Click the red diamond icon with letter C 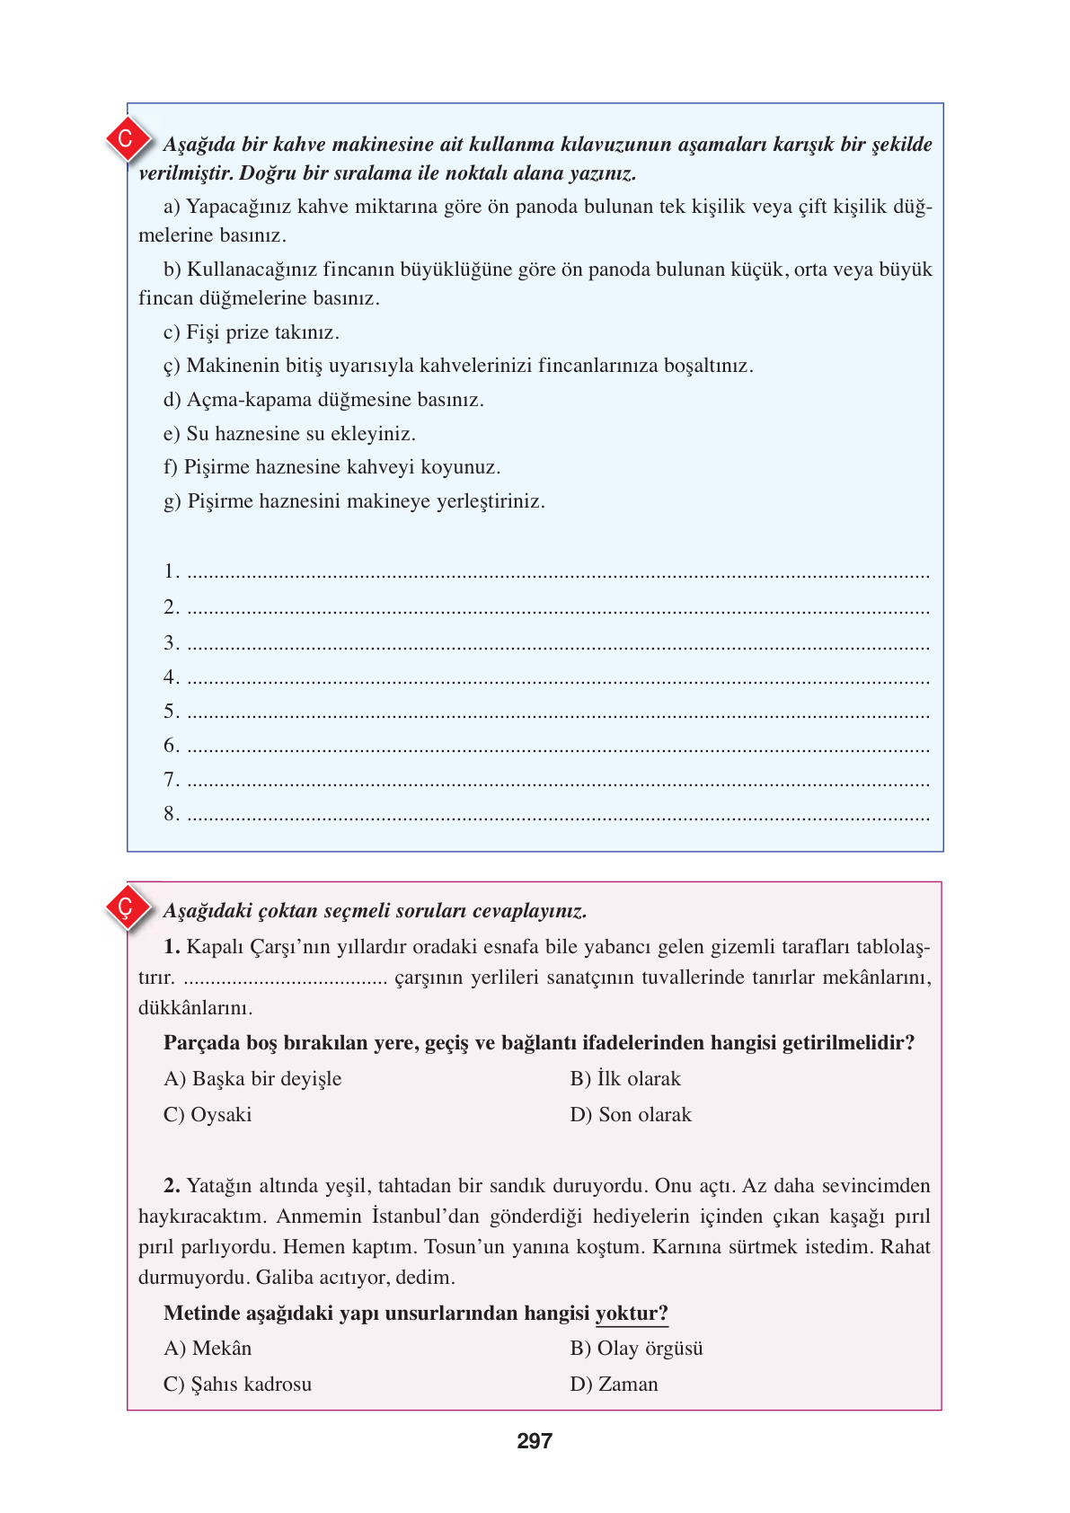click(126, 139)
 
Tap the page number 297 click(535, 1441)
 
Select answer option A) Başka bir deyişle click(252, 1078)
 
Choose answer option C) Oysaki click(208, 1114)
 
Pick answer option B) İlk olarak click(625, 1078)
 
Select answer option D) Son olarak click(631, 1114)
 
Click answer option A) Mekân click(208, 1348)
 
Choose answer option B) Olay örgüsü click(636, 1348)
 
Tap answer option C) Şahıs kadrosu click(238, 1384)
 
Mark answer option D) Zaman click(614, 1384)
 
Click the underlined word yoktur click(632, 1313)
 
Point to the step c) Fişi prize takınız click(252, 332)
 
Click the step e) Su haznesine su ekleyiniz click(289, 434)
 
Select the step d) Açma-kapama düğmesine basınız click(323, 400)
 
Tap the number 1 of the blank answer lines click(171, 571)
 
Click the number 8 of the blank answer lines click(171, 814)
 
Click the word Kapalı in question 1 click(214, 946)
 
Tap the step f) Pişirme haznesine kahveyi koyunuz click(332, 467)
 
